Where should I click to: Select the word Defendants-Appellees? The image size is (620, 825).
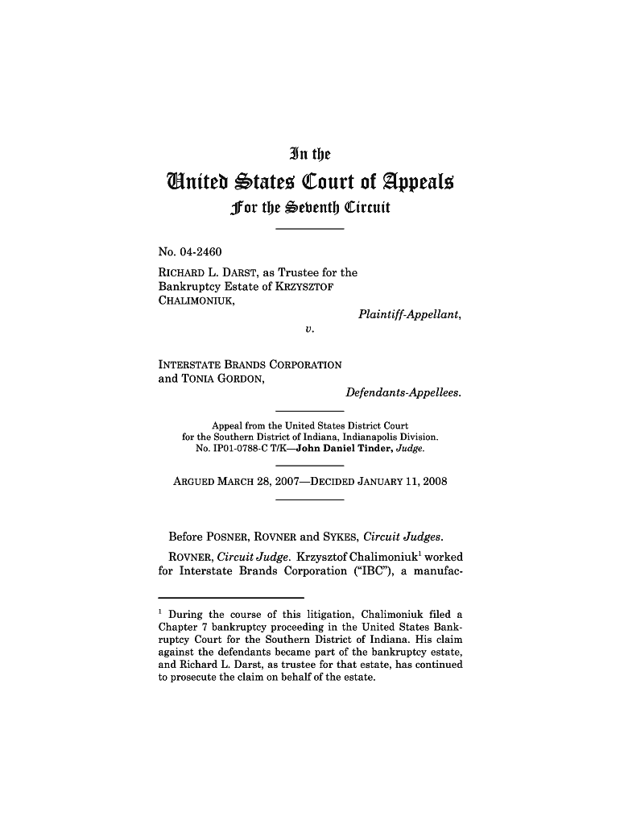point(403,392)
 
